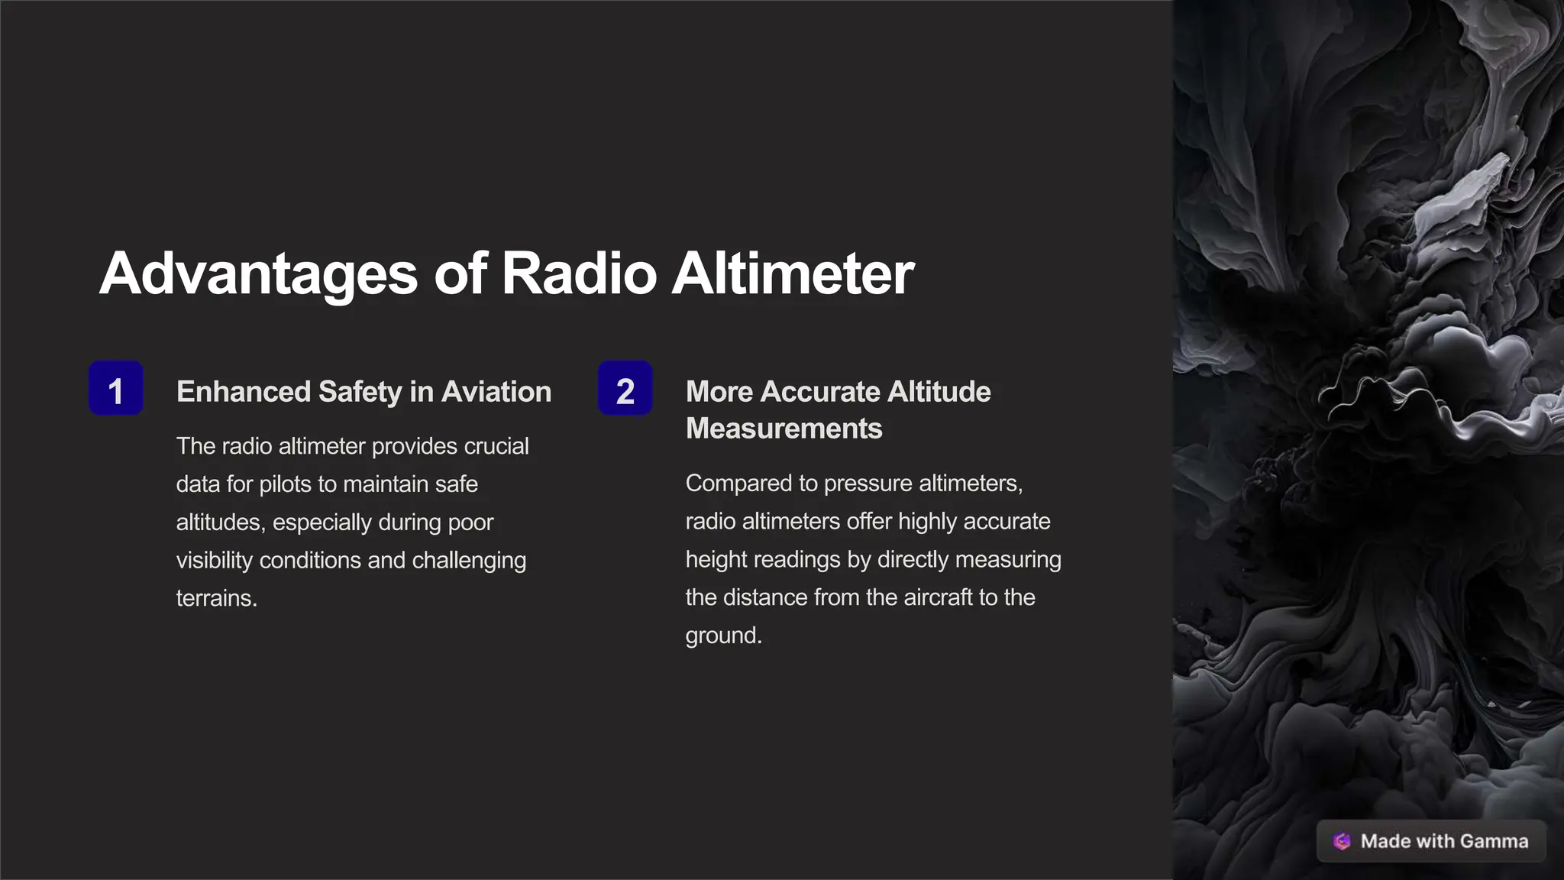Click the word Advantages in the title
coord(258,273)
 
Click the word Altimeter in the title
coord(792,273)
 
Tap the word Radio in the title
coord(579,273)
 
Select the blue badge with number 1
coord(116,389)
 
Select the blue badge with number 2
coord(625,389)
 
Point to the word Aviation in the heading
coord(496,392)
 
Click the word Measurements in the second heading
coord(784,429)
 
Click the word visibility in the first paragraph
coord(214,560)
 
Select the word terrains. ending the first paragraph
coord(216,598)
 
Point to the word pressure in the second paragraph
coord(868,484)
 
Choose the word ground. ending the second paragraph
coord(723,636)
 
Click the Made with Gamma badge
coord(1431,841)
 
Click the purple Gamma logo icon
coord(1342,841)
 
